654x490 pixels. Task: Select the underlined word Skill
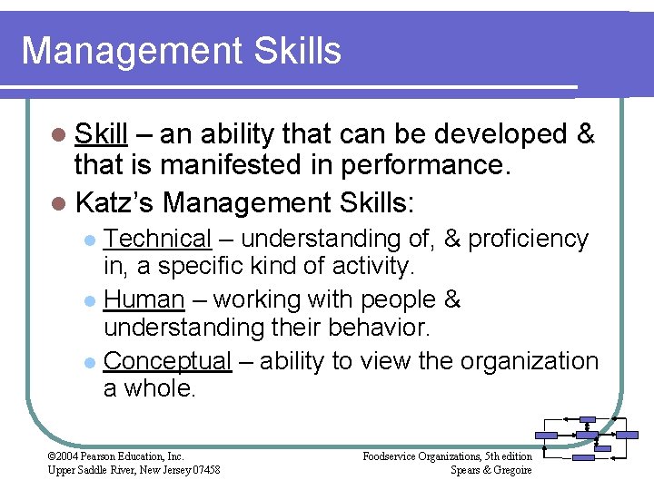(101, 134)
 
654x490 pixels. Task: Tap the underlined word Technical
(157, 239)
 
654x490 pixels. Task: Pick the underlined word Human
(144, 299)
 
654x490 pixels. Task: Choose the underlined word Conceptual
(168, 360)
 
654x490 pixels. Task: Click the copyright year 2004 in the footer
(68, 456)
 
